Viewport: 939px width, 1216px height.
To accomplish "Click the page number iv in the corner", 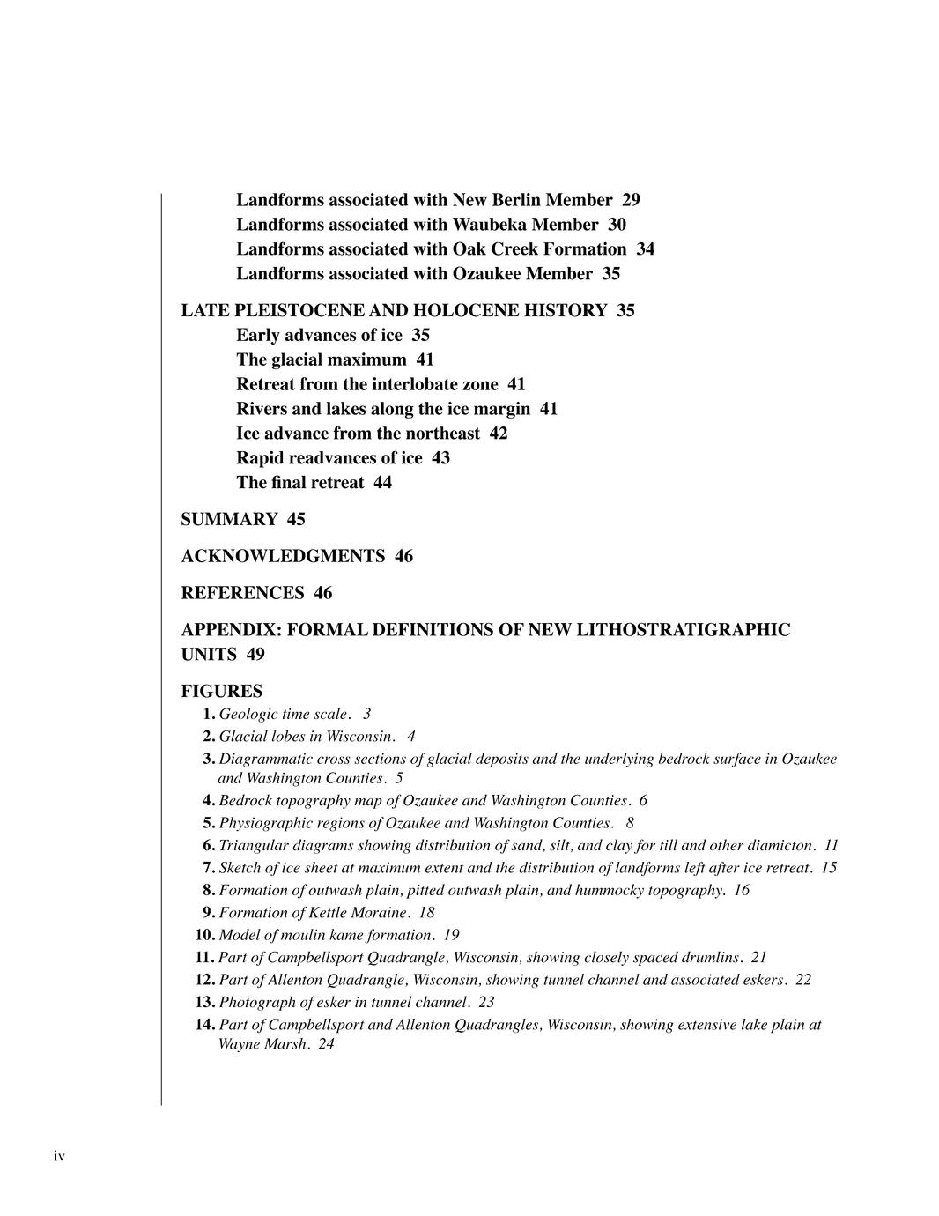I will [59, 1156].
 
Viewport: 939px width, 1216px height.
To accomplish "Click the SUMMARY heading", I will [229, 519].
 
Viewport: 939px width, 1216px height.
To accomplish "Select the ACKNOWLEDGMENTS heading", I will [283, 556].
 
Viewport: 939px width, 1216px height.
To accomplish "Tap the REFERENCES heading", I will [242, 593].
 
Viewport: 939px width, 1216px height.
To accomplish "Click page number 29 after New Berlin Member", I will [631, 200].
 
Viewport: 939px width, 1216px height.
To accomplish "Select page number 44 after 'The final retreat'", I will [382, 483].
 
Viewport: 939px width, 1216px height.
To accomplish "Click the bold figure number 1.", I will [209, 714].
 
